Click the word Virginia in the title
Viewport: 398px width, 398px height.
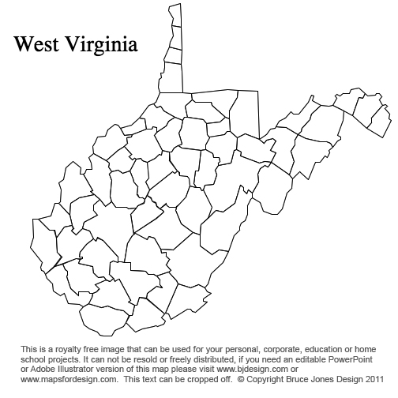[x=100, y=44]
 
